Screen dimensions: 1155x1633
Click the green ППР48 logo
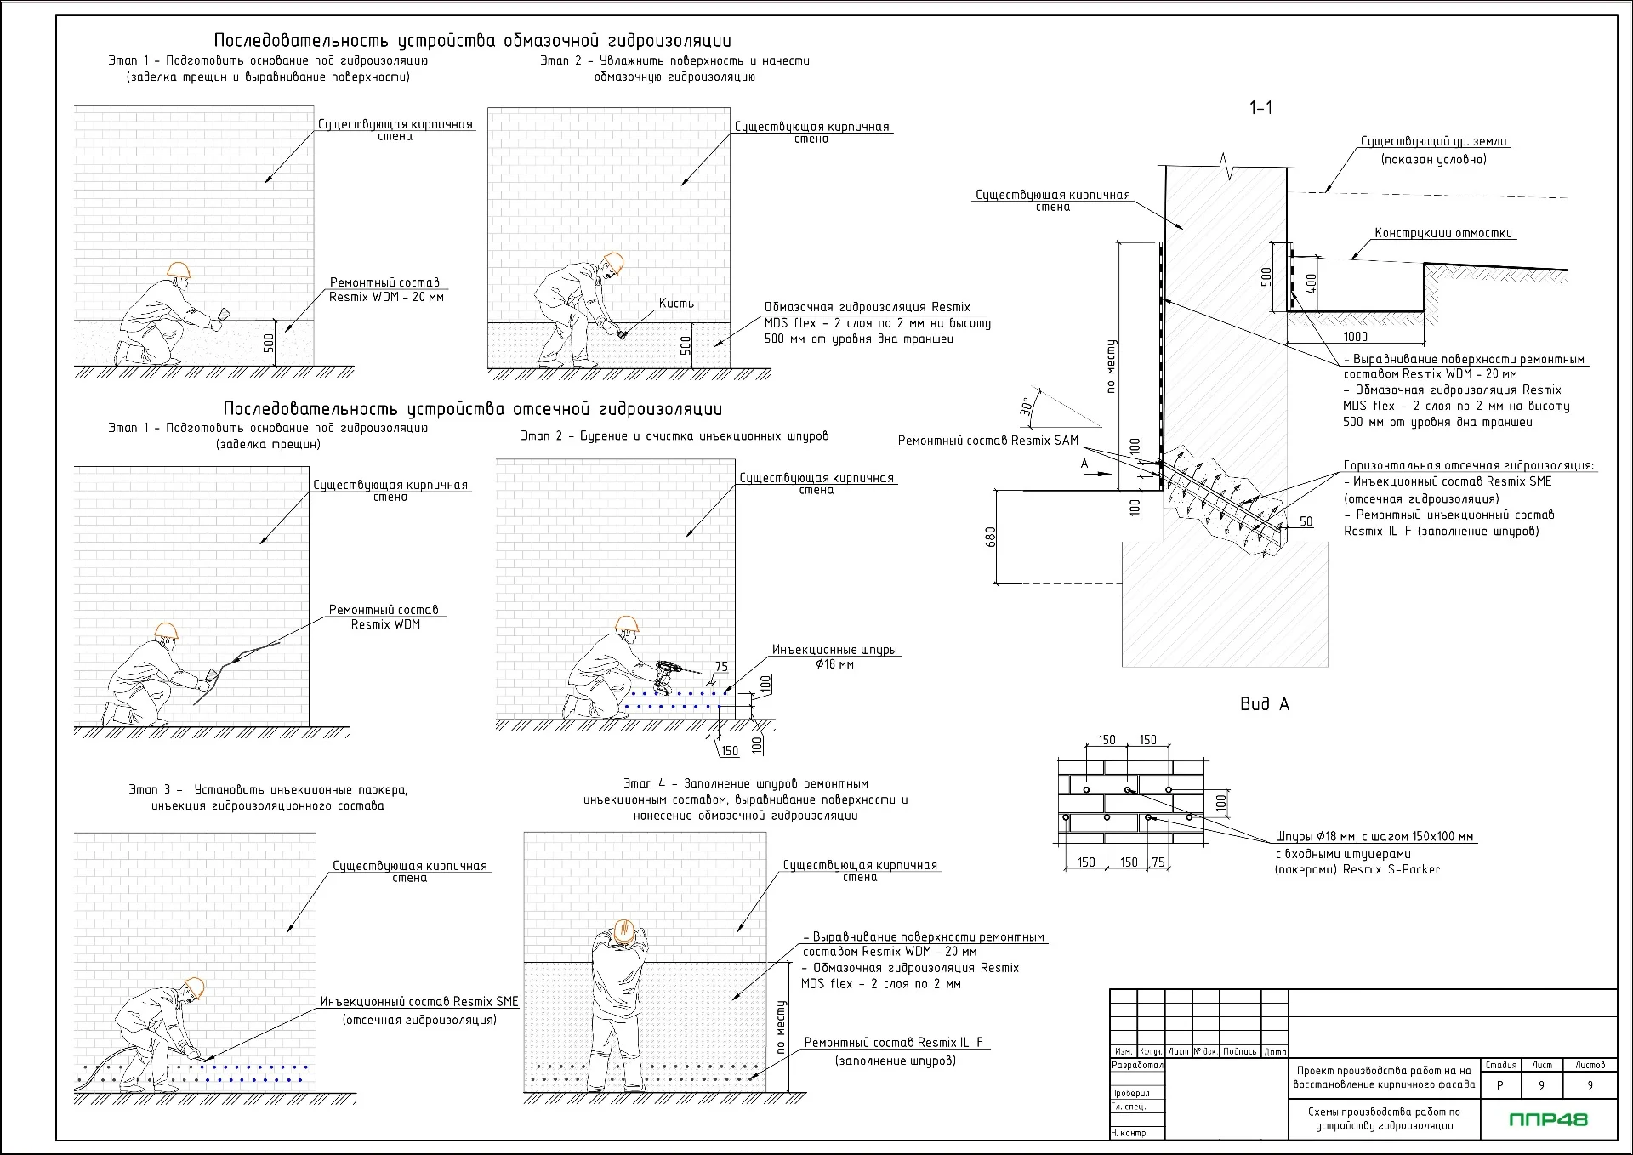point(1548,1119)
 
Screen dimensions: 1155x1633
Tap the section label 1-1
point(1260,108)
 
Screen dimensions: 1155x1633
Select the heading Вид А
point(1264,704)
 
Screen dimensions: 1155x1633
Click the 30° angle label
point(1026,407)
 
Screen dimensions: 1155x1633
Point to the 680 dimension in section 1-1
point(991,537)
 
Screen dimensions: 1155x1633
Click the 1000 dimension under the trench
point(1355,337)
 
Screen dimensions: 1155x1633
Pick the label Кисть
point(676,304)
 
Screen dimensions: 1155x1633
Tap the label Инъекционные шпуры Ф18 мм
point(834,657)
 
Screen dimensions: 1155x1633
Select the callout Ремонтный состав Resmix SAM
point(987,441)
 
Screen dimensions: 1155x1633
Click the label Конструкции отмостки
point(1443,233)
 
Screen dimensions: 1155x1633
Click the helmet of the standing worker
point(624,930)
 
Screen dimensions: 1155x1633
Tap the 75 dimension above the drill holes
point(721,667)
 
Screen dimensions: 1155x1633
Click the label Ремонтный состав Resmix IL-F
point(893,1043)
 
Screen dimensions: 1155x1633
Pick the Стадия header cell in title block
point(1500,1065)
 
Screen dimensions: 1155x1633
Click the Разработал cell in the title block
point(1136,1065)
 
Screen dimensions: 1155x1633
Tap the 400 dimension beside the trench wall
point(1311,283)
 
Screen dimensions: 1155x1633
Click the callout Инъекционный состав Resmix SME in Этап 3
point(419,1002)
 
